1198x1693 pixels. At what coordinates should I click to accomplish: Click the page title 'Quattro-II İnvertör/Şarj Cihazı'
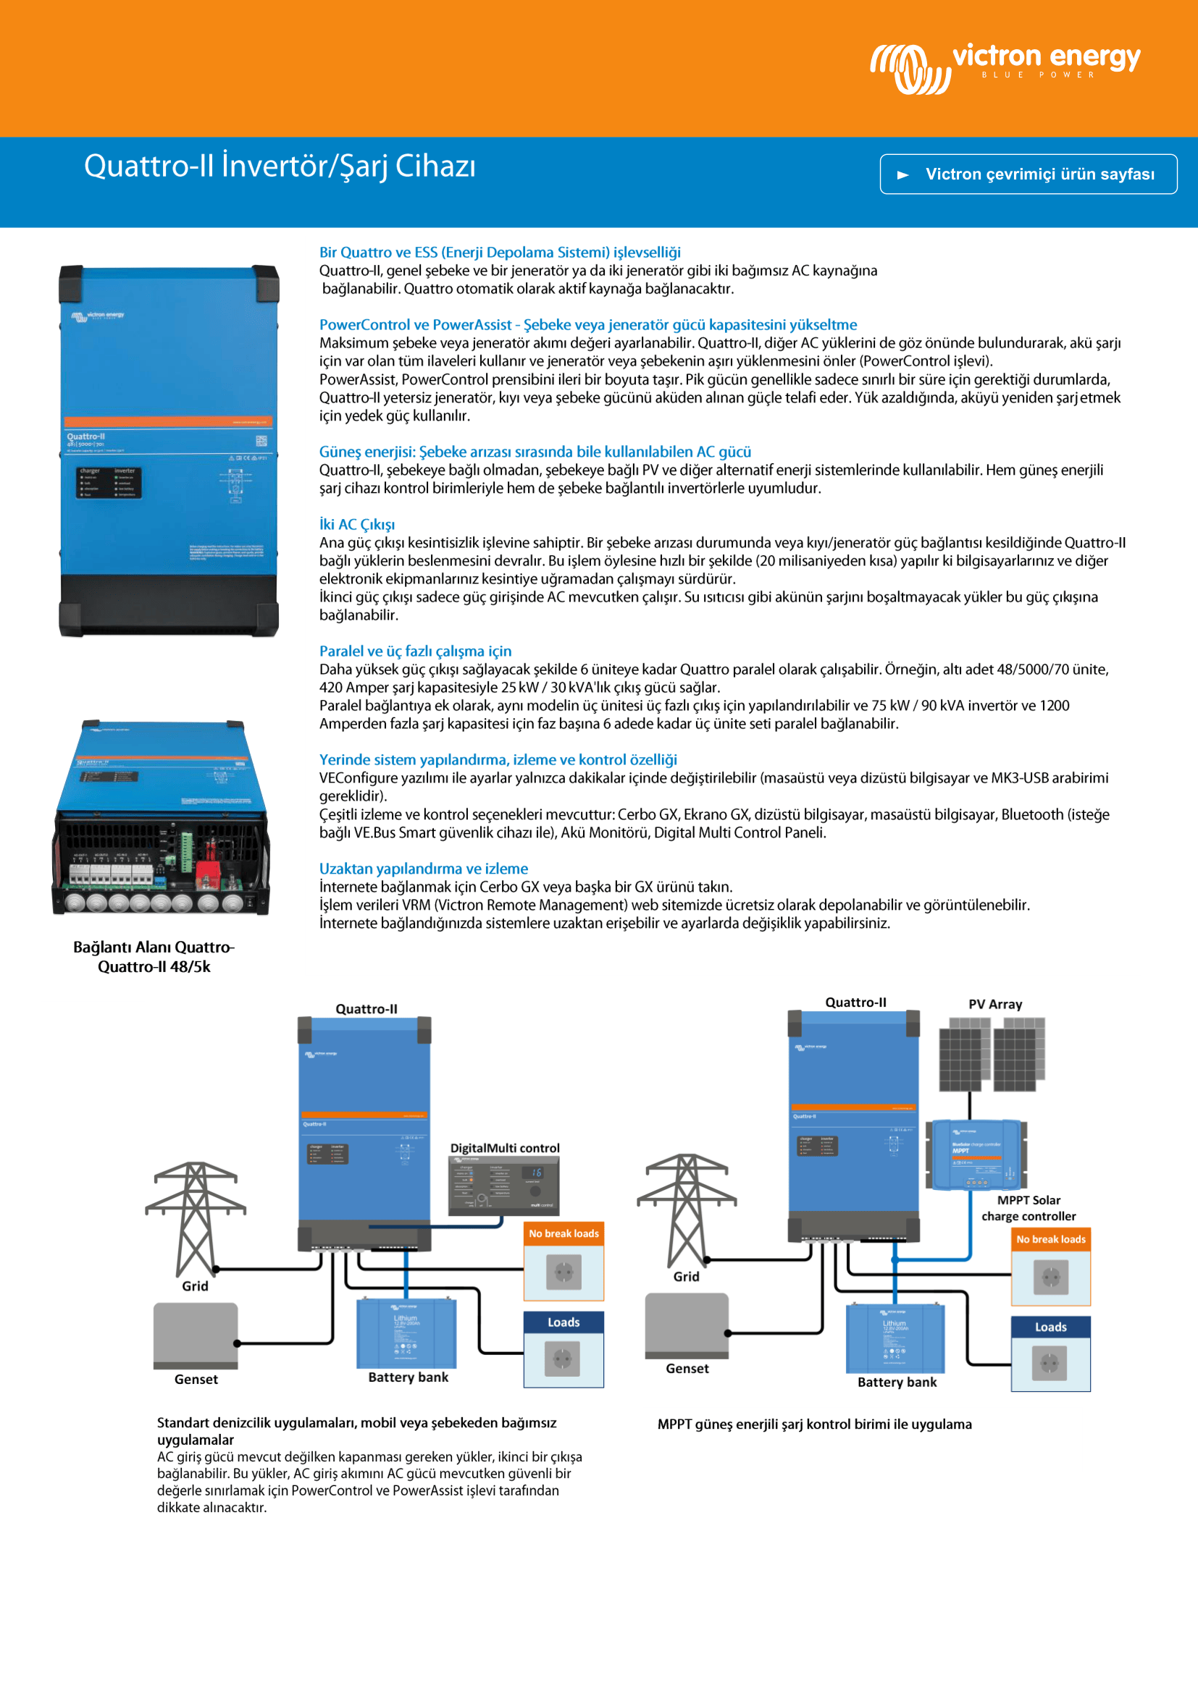click(280, 166)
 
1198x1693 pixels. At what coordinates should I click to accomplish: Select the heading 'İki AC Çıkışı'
click(357, 524)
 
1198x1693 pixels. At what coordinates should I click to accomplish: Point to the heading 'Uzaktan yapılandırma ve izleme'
click(424, 869)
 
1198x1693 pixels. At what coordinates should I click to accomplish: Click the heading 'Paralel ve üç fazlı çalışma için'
click(415, 651)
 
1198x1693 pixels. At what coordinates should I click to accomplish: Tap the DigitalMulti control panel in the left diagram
click(504, 1186)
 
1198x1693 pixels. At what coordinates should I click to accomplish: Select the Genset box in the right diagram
click(687, 1325)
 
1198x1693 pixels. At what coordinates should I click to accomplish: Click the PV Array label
click(995, 1005)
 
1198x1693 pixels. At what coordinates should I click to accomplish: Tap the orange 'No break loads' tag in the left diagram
click(564, 1233)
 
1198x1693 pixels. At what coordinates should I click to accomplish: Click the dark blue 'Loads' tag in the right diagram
click(1050, 1327)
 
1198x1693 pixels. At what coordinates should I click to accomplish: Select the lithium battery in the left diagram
click(406, 1333)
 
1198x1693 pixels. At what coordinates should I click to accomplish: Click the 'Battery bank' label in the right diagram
click(897, 1382)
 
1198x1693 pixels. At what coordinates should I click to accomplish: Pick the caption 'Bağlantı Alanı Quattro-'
click(154, 947)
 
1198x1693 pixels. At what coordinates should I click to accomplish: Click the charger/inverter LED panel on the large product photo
click(108, 482)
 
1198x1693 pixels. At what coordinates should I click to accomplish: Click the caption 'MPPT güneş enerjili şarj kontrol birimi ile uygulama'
click(814, 1424)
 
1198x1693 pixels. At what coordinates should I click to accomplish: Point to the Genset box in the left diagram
click(196, 1335)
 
